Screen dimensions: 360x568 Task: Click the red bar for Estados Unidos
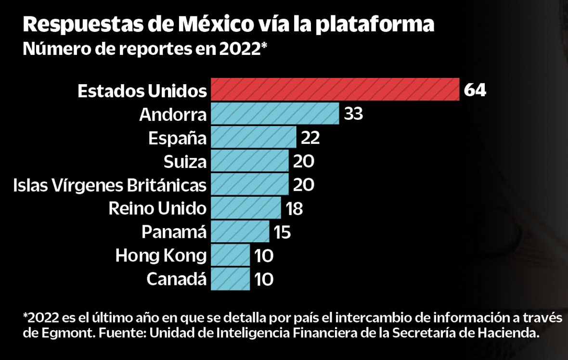coord(335,90)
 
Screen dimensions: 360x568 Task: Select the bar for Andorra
coord(275,114)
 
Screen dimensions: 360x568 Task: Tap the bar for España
coord(253,137)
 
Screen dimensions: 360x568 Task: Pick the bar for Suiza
coord(249,161)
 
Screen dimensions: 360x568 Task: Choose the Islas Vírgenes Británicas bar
coord(249,184)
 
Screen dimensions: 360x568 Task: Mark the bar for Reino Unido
coord(245,208)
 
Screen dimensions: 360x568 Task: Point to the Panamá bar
coord(240,231)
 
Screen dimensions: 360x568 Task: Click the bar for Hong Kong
coord(230,255)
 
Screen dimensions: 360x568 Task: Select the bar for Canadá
coord(230,279)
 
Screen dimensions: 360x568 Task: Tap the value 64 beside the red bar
coord(475,90)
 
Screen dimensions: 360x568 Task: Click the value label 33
coord(353,114)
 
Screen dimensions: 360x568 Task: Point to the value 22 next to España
coord(310,138)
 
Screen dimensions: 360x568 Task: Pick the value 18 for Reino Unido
coord(294,208)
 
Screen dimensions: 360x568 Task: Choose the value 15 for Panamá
coord(283,232)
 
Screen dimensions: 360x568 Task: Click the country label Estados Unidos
coord(142,90)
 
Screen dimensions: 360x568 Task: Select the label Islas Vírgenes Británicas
coord(110,185)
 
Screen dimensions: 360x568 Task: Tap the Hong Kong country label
coord(161,256)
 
